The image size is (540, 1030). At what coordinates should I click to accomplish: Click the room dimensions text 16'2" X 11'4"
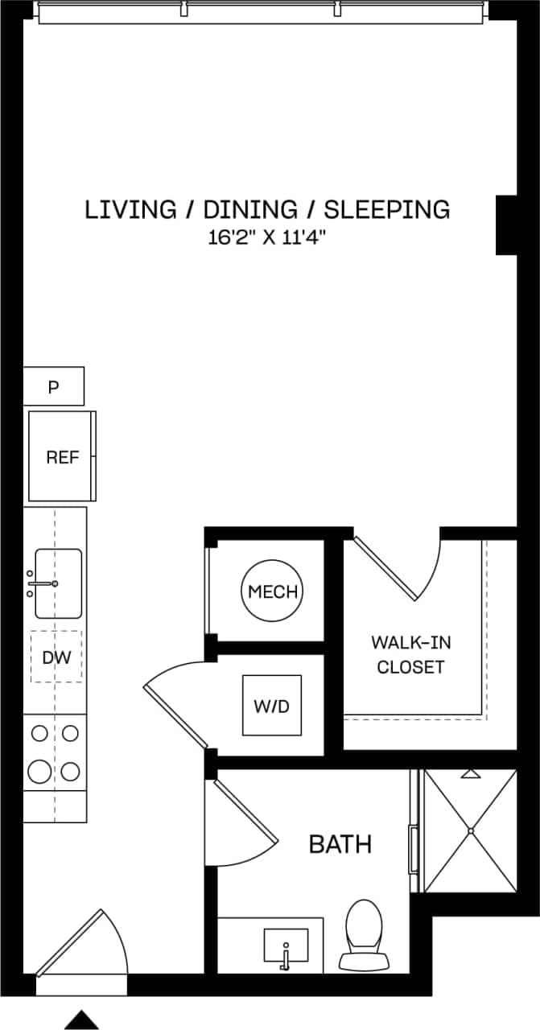pos(267,238)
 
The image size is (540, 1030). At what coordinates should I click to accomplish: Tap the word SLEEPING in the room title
pos(386,209)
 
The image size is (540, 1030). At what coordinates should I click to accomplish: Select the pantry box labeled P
pos(53,387)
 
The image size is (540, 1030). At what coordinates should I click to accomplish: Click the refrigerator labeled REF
pos(62,457)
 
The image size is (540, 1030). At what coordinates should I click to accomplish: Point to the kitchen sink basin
pos(58,583)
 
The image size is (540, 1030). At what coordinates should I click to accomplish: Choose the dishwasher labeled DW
pos(56,657)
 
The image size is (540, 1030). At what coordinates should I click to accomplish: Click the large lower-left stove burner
pos(39,772)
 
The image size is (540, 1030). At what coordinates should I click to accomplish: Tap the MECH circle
pos(273,591)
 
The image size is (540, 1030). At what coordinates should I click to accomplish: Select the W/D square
pos(271,706)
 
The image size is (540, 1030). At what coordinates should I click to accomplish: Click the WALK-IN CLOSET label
pos(410,654)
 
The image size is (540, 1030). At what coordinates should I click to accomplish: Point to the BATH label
pos(340,844)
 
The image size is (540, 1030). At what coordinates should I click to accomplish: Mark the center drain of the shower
pos(470,830)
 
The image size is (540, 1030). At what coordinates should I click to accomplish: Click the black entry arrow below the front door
pos(81,1020)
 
